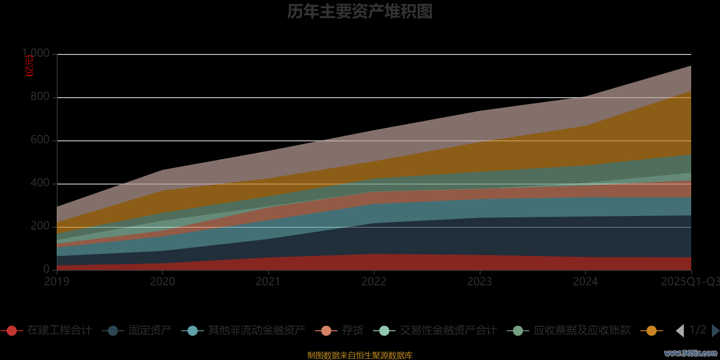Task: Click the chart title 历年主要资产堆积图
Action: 360,12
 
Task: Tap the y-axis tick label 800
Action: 40,96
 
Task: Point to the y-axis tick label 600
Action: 40,139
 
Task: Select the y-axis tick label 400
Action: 40,183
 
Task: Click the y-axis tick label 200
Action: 40,226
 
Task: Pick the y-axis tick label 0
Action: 46,269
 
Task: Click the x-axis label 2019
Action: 57,282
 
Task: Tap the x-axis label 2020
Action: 162,282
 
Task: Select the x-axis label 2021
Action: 268,282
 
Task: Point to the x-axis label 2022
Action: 374,282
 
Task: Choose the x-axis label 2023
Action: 480,282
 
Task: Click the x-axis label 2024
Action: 585,282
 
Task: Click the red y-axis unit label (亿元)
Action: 30,66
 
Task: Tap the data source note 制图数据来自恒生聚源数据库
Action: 360,355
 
